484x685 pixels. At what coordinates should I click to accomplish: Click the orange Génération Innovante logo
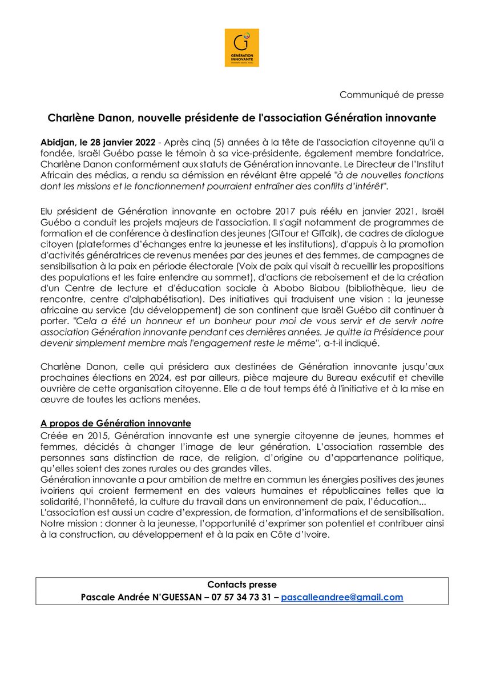click(x=241, y=47)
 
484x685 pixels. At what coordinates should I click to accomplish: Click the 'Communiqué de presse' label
click(x=392, y=94)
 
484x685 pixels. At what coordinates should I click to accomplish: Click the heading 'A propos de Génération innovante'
click(x=116, y=423)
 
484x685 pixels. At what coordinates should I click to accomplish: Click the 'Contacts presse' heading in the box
click(x=241, y=585)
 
